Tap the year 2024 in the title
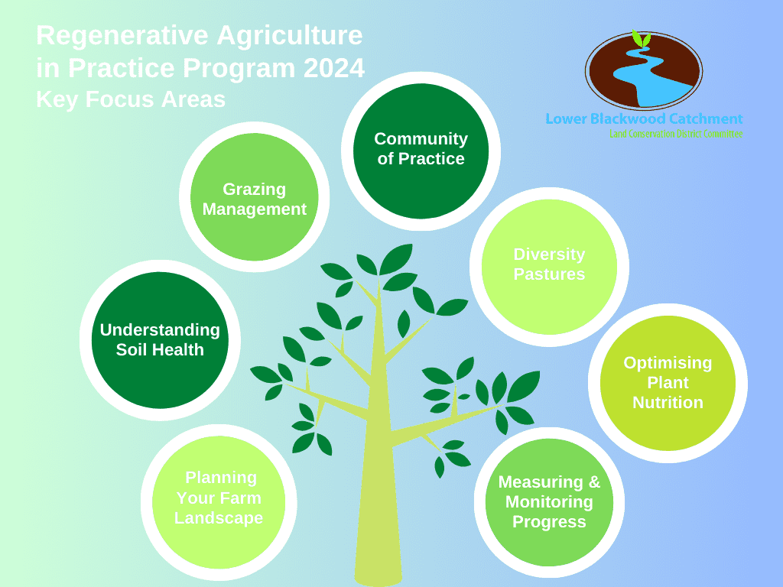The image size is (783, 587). pyautogui.click(x=333, y=69)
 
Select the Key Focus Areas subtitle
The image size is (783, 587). pyautogui.click(x=131, y=99)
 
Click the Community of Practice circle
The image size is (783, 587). pyautogui.click(x=421, y=150)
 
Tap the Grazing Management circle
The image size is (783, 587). pyautogui.click(x=254, y=198)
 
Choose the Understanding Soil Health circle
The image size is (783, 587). pyautogui.click(x=160, y=340)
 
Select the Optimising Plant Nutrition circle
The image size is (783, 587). pyautogui.click(x=668, y=383)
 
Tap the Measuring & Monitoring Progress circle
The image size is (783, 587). pyautogui.click(x=549, y=503)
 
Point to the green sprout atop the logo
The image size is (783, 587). pyautogui.click(x=642, y=37)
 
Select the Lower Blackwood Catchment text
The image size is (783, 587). pyautogui.click(x=644, y=118)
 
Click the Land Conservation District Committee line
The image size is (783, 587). pyautogui.click(x=676, y=133)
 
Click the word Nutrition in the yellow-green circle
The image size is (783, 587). pyautogui.click(x=668, y=403)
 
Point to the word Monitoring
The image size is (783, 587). pyautogui.click(x=549, y=502)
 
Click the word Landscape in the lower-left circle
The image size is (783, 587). pyautogui.click(x=219, y=518)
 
